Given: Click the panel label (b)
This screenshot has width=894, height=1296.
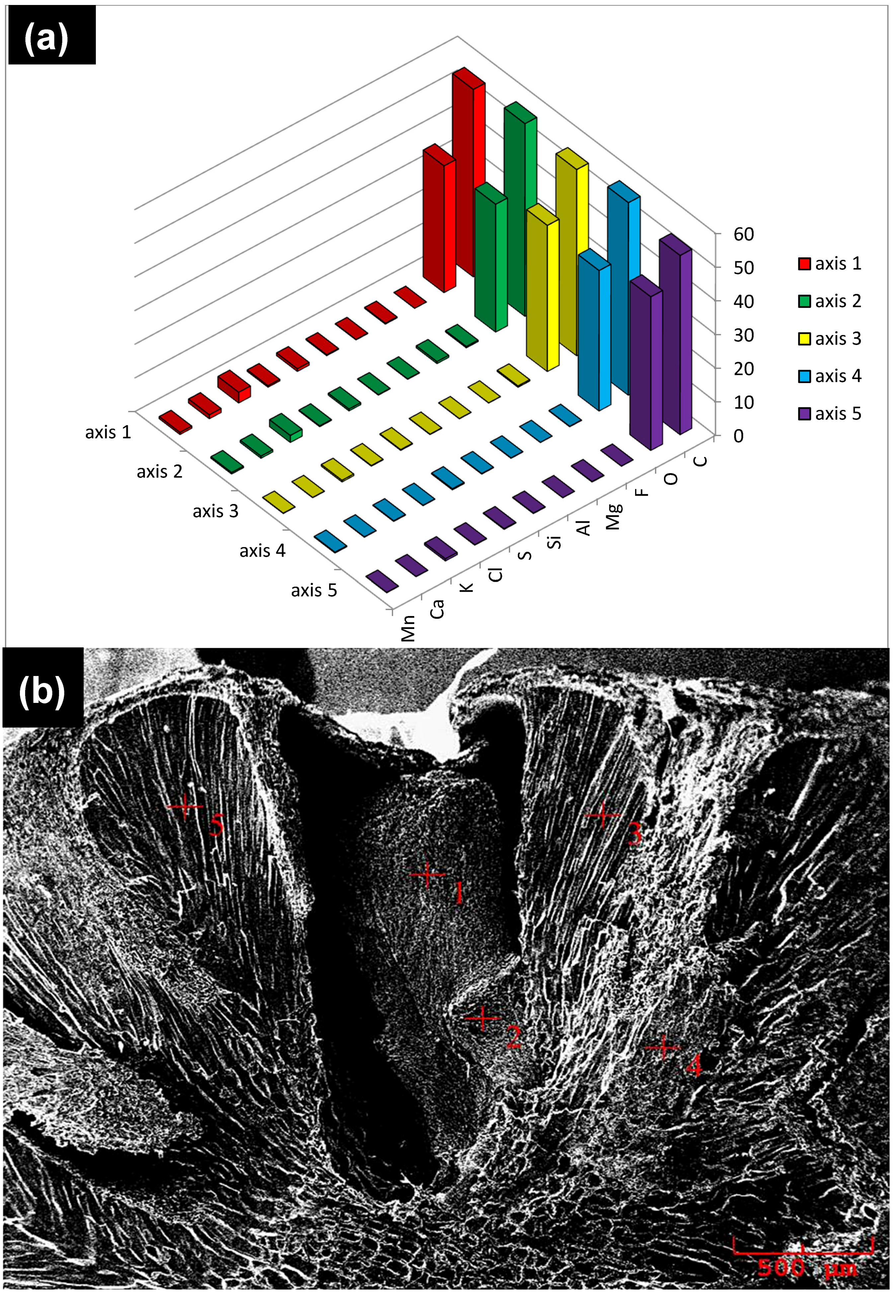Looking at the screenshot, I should coord(42,690).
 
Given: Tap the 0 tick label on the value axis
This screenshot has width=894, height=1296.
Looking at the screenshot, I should coord(738,435).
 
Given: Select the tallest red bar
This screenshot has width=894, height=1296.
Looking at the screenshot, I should coord(468,174).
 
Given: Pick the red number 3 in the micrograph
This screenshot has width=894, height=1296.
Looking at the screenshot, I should coord(634,835).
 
